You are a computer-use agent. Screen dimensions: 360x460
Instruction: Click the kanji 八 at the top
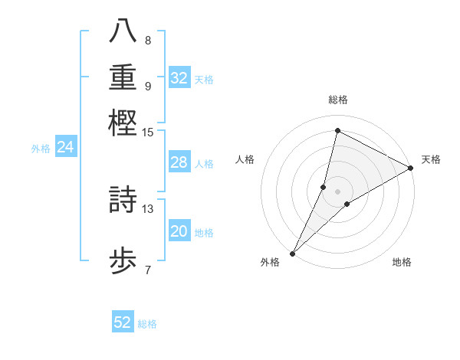point(123,31)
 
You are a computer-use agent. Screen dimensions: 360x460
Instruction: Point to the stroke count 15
point(148,133)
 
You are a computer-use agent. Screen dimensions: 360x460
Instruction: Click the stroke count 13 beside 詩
point(148,208)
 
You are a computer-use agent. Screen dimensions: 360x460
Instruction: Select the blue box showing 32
point(179,78)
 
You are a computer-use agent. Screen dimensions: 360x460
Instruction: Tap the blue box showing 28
point(179,162)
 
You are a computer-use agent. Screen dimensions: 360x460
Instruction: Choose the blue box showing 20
point(179,231)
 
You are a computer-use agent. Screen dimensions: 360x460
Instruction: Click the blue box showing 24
point(66,147)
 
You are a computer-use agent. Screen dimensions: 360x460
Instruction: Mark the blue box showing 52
point(123,322)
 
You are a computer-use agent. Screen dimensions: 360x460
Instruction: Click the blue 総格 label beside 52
point(147,324)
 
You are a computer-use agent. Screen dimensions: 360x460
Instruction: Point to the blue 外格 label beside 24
point(41,149)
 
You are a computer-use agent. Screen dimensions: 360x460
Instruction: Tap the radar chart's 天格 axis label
point(431,159)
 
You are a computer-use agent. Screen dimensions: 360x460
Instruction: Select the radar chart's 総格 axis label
point(338,100)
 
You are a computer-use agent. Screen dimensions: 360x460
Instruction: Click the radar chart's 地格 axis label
point(402,262)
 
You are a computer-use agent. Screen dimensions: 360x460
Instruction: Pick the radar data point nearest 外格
point(293,253)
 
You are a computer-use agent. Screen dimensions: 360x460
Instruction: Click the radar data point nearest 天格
point(411,169)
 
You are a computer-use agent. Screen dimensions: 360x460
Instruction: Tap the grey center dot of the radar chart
point(338,191)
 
